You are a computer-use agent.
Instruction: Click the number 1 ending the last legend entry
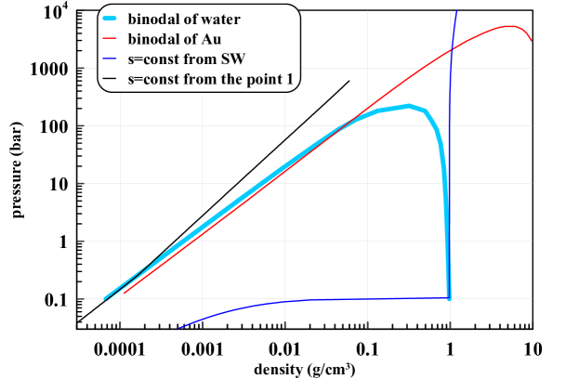coord(291,81)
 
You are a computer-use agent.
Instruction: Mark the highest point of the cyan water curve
coord(408,106)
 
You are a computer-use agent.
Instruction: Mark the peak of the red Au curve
coord(510,26)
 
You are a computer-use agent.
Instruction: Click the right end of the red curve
coord(532,42)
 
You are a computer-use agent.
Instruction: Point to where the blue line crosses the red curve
coord(451,49)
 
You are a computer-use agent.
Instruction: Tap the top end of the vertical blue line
coord(456,9)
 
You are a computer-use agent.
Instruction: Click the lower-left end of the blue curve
coord(179,327)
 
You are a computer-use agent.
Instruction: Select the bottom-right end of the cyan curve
coord(449,298)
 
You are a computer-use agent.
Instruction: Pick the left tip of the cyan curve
coord(104,299)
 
